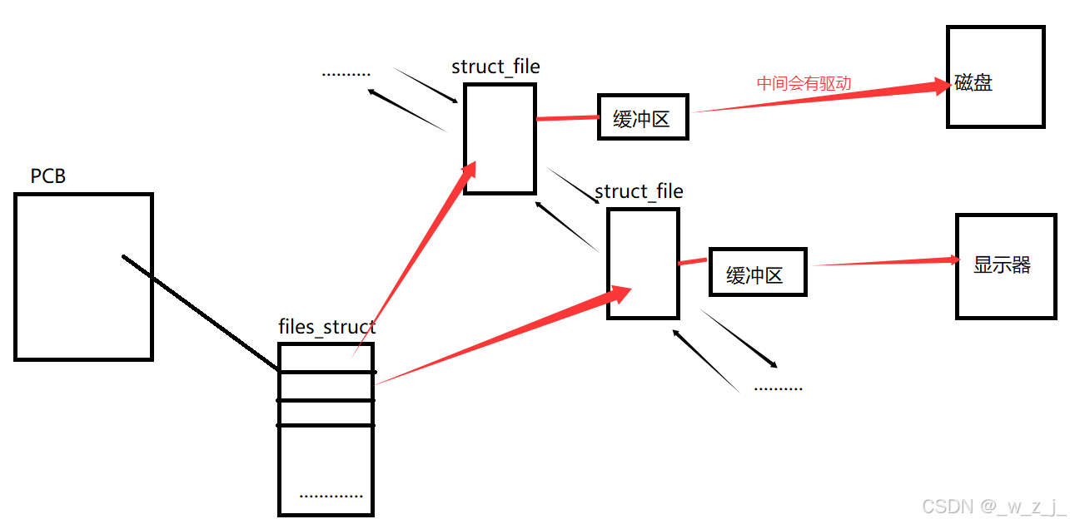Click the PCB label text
click(x=48, y=176)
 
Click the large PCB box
click(x=83, y=276)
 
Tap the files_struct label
click(x=326, y=327)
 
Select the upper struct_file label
click(x=495, y=67)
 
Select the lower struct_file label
click(x=639, y=191)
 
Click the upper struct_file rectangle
click(x=500, y=138)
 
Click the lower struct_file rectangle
click(x=643, y=263)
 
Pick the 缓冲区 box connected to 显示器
click(x=757, y=272)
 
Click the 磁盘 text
click(x=974, y=83)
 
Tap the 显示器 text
click(x=1002, y=265)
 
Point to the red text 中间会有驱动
click(x=804, y=83)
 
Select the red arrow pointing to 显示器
click(x=883, y=263)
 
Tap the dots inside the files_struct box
click(x=331, y=496)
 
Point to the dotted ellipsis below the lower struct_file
click(x=778, y=388)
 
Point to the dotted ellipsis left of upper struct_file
click(x=346, y=74)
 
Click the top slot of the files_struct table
click(x=326, y=358)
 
